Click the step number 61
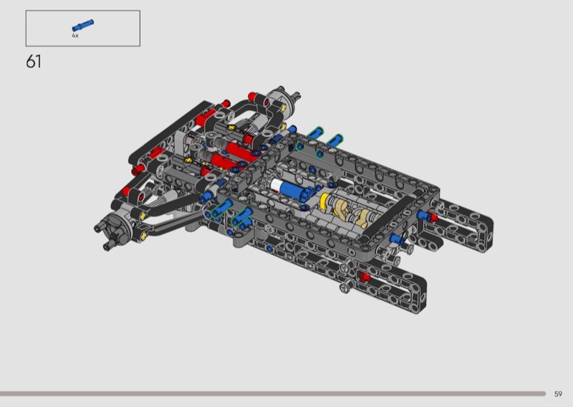point(34,62)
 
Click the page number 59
point(558,394)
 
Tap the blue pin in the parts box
point(83,26)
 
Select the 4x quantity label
point(75,36)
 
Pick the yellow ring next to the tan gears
point(324,201)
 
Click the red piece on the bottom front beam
point(364,277)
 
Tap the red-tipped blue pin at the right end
point(427,216)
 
